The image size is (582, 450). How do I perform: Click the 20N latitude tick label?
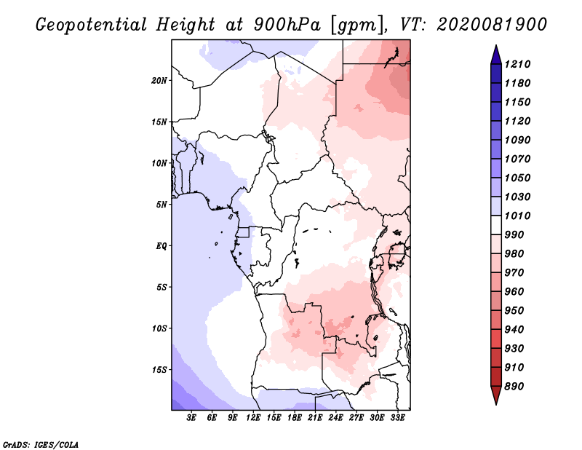[159, 81]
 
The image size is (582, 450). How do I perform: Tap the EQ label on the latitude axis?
[162, 246]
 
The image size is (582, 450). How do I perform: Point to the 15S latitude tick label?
[159, 370]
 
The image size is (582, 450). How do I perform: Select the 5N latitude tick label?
[162, 205]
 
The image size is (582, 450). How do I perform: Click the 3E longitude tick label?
[191, 418]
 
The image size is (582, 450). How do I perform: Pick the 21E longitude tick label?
[315, 418]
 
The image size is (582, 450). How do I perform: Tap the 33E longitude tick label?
[397, 418]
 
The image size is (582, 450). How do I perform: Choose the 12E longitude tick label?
[253, 418]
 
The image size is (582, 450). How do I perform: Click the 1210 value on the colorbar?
[517, 64]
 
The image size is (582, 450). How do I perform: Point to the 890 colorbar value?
[514, 387]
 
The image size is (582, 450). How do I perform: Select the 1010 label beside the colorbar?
[517, 216]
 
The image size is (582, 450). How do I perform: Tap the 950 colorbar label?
[514, 311]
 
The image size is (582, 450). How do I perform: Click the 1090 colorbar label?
[517, 140]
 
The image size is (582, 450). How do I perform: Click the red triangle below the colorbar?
[496, 395]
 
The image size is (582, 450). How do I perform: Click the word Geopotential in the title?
[92, 25]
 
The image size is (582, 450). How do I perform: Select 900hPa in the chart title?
[287, 25]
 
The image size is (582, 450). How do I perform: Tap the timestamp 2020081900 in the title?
[492, 25]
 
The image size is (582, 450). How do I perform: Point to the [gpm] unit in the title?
[357, 25]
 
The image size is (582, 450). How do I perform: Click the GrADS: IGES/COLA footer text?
[41, 445]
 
